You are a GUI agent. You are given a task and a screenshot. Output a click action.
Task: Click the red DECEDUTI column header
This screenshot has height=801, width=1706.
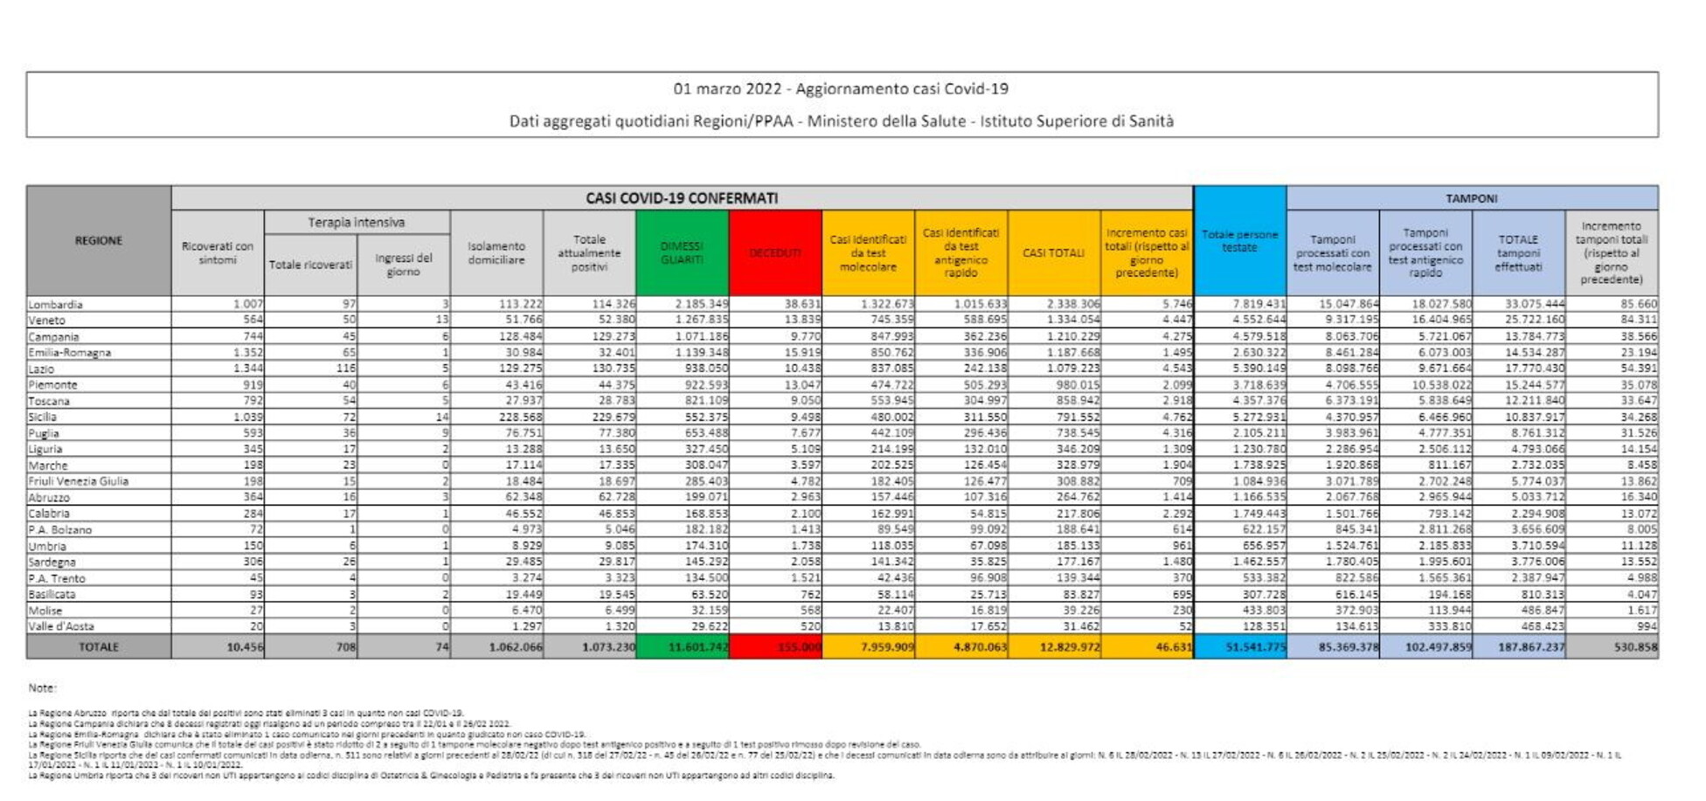click(x=774, y=253)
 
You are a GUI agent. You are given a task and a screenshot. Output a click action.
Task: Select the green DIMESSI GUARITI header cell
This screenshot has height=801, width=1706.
click(x=682, y=253)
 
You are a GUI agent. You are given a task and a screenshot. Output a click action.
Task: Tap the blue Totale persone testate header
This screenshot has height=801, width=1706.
click(x=1239, y=241)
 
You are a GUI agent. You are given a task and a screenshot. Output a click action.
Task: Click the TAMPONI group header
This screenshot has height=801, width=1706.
click(x=1471, y=198)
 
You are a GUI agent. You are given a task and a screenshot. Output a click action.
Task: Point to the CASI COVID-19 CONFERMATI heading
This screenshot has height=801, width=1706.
click(x=682, y=198)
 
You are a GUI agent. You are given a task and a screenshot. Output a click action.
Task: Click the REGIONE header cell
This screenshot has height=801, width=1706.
click(x=99, y=240)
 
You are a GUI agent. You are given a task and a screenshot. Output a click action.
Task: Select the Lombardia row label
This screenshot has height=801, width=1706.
click(x=56, y=305)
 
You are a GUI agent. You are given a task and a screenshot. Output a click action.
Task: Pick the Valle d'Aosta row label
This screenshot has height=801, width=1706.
click(x=61, y=626)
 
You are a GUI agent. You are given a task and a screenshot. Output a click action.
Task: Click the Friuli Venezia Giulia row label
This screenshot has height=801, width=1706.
click(x=79, y=481)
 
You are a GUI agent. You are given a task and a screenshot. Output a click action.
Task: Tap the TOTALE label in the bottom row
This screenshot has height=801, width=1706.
click(x=99, y=647)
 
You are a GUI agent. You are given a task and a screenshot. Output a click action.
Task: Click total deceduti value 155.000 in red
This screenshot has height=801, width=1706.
click(x=798, y=647)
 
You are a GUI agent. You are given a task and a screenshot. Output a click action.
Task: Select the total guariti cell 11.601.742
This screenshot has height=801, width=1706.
click(x=697, y=647)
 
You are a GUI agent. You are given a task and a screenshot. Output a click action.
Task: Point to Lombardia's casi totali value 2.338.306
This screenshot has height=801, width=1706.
click(x=1073, y=305)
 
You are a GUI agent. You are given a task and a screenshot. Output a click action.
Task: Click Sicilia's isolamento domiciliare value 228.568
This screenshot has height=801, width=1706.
click(x=520, y=418)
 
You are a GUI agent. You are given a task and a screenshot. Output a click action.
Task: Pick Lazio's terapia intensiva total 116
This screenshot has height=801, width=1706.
click(x=344, y=369)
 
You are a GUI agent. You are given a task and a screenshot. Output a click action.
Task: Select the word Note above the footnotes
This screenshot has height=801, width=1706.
click(x=42, y=688)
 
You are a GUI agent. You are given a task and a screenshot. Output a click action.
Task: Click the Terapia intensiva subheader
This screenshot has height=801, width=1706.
click(x=357, y=223)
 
